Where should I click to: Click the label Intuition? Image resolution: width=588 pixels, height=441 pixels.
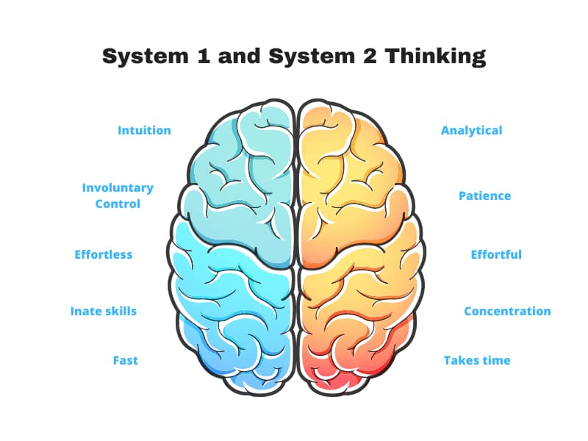click(144, 130)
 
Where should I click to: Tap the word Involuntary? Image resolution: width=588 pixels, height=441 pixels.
click(118, 188)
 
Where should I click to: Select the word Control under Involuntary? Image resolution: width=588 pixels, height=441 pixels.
click(118, 204)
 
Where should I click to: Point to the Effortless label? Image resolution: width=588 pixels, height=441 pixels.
click(104, 254)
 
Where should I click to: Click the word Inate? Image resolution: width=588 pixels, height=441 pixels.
click(82, 311)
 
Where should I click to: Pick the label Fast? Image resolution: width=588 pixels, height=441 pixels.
click(126, 360)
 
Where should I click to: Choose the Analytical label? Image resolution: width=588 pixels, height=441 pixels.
click(471, 131)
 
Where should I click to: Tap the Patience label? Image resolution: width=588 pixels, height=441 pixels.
click(485, 196)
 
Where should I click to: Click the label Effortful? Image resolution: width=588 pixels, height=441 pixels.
click(496, 254)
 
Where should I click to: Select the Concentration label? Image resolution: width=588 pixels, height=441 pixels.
click(507, 311)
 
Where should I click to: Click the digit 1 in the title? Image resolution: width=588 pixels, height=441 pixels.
click(203, 56)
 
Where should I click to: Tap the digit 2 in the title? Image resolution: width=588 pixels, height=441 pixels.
click(370, 56)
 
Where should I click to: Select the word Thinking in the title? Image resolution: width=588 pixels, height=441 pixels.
click(436, 57)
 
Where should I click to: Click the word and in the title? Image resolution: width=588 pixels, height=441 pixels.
click(240, 56)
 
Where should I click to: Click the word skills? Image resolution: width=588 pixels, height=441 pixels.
click(117, 311)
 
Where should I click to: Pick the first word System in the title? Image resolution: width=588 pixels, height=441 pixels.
click(146, 57)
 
